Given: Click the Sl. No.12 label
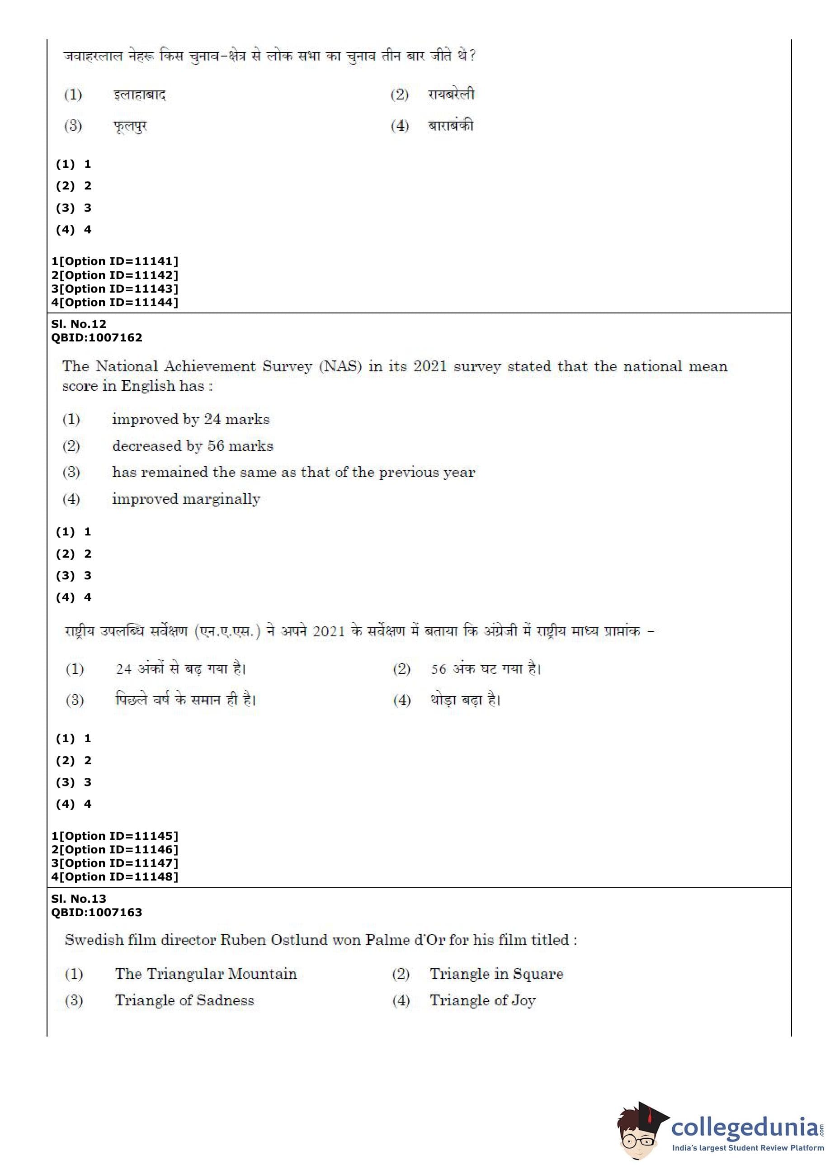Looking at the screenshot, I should [79, 323].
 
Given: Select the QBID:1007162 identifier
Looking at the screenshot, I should [97, 337].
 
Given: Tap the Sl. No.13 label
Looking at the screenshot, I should [79, 898].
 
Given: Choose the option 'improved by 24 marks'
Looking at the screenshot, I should [191, 419].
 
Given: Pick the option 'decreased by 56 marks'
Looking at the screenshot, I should [193, 446].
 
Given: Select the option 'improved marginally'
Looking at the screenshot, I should [186, 499].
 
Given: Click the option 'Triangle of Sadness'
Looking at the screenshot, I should [184, 1000].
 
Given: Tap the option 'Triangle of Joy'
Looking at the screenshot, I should [482, 1000].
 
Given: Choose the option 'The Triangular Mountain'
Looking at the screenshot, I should [206, 973].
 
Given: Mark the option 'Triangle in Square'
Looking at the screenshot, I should [496, 973].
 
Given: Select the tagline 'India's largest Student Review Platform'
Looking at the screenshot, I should [748, 1148].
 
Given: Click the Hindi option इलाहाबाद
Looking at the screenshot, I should [140, 95].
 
